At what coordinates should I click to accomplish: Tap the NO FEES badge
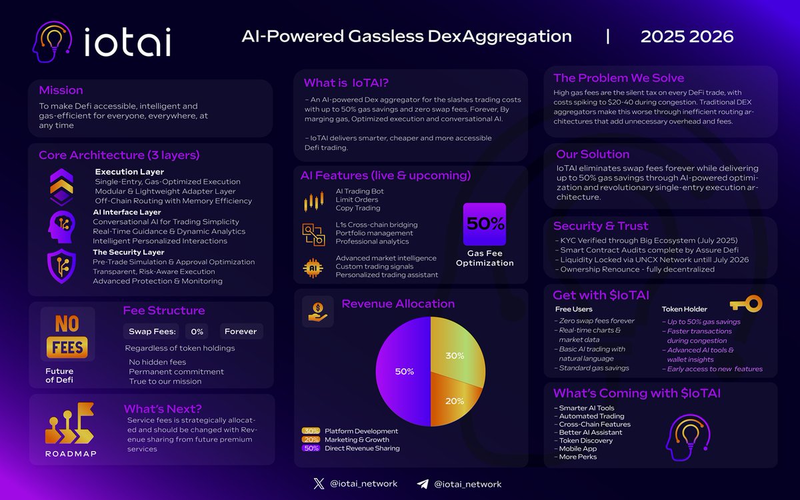coord(67,335)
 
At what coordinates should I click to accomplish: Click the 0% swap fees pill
coord(197,331)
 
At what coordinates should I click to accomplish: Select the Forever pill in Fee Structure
coord(241,331)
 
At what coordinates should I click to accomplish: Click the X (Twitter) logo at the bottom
coord(318,484)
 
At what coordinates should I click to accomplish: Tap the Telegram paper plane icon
coord(423,484)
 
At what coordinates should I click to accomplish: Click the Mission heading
coord(61,90)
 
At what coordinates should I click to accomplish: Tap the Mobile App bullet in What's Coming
coord(577,449)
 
